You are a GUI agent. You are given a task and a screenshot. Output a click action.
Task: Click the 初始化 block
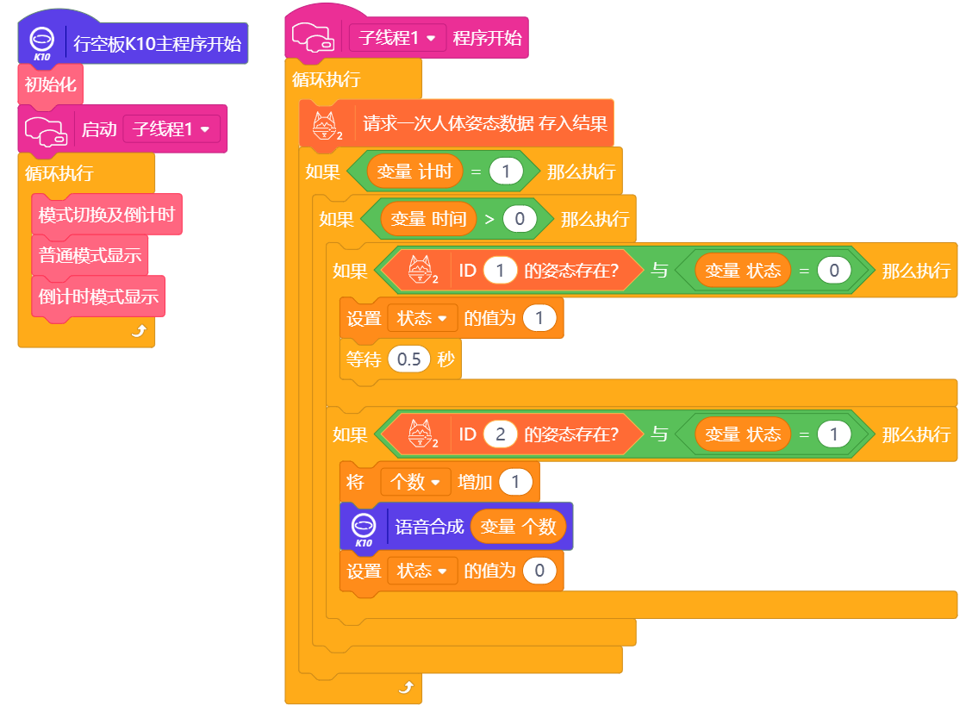coord(50,84)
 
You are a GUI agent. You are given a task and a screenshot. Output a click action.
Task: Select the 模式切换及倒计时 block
coord(107,215)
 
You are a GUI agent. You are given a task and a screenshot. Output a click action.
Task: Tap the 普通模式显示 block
coord(90,255)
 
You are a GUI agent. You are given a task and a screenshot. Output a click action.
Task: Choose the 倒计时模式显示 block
coord(98,296)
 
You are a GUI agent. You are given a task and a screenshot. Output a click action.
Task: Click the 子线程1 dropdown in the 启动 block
coord(171,129)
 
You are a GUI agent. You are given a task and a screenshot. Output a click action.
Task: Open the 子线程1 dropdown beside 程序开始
coord(397,38)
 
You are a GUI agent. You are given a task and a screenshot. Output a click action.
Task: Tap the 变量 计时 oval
coord(414,172)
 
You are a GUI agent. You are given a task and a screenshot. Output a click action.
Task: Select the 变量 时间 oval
coord(428,219)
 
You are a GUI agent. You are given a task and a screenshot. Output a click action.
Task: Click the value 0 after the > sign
coord(520,219)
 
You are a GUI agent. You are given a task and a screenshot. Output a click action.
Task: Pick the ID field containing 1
coord(500,271)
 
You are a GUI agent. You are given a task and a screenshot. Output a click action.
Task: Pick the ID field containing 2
coord(500,434)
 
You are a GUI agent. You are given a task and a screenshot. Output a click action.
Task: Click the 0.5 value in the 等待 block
coord(408,359)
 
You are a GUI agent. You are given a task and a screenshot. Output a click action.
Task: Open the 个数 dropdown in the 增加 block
coord(415,482)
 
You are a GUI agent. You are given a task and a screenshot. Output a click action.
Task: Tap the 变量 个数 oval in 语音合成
coord(518,527)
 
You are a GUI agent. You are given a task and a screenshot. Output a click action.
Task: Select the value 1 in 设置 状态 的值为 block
coord(539,318)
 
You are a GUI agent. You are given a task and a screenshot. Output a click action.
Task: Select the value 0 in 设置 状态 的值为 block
coord(539,571)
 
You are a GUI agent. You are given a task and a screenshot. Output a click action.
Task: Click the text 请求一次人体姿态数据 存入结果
coord(484,123)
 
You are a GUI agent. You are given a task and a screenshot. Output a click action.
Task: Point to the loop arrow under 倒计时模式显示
coord(139,331)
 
